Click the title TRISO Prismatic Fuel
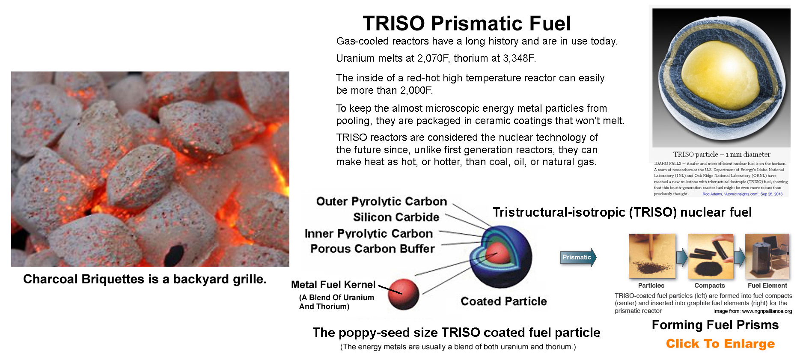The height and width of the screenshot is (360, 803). [467, 24]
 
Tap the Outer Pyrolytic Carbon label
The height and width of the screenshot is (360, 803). [381, 202]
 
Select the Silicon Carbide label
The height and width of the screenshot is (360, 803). [396, 217]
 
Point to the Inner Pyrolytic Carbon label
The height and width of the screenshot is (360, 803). [369, 233]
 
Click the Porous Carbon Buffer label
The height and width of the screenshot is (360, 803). [372, 249]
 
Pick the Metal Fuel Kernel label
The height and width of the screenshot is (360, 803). [333, 285]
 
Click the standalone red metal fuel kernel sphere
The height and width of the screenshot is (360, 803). [403, 294]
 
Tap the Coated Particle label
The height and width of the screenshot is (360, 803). [504, 301]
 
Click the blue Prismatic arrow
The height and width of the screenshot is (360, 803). [578, 257]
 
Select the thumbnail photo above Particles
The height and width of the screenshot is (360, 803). [652, 256]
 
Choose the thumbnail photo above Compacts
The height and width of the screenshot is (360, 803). [710, 256]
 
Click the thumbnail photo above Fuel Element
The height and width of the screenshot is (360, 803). [767, 256]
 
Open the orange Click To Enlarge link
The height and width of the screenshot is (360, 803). [720, 344]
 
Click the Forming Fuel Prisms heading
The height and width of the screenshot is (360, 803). [715, 325]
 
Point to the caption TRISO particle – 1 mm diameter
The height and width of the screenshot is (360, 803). [722, 155]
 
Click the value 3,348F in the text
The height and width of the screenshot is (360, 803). [519, 58]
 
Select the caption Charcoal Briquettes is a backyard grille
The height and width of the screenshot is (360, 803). [145, 279]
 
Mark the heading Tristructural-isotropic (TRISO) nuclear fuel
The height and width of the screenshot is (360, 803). [622, 212]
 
